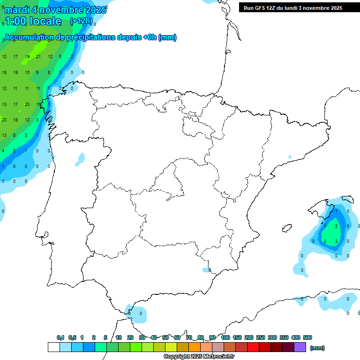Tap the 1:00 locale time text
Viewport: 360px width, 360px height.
click(x=33, y=21)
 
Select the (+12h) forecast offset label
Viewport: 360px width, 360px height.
click(x=81, y=21)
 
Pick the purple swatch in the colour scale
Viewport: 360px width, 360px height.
click(x=300, y=347)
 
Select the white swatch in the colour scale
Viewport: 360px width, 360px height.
click(x=53, y=347)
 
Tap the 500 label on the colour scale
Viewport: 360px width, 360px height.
click(x=307, y=337)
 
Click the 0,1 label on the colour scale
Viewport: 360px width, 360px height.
click(x=60, y=337)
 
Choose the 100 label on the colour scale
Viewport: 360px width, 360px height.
click(x=225, y=337)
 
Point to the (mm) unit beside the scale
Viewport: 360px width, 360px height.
click(x=317, y=348)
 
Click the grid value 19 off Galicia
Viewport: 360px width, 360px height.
click(x=27, y=57)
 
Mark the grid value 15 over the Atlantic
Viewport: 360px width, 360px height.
click(x=27, y=73)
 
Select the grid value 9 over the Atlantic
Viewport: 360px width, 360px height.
click(x=37, y=73)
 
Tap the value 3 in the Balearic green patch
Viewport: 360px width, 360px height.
click(x=337, y=241)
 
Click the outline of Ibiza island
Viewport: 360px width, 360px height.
click(x=286, y=228)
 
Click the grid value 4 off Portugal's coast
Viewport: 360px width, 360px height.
click(x=3, y=151)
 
